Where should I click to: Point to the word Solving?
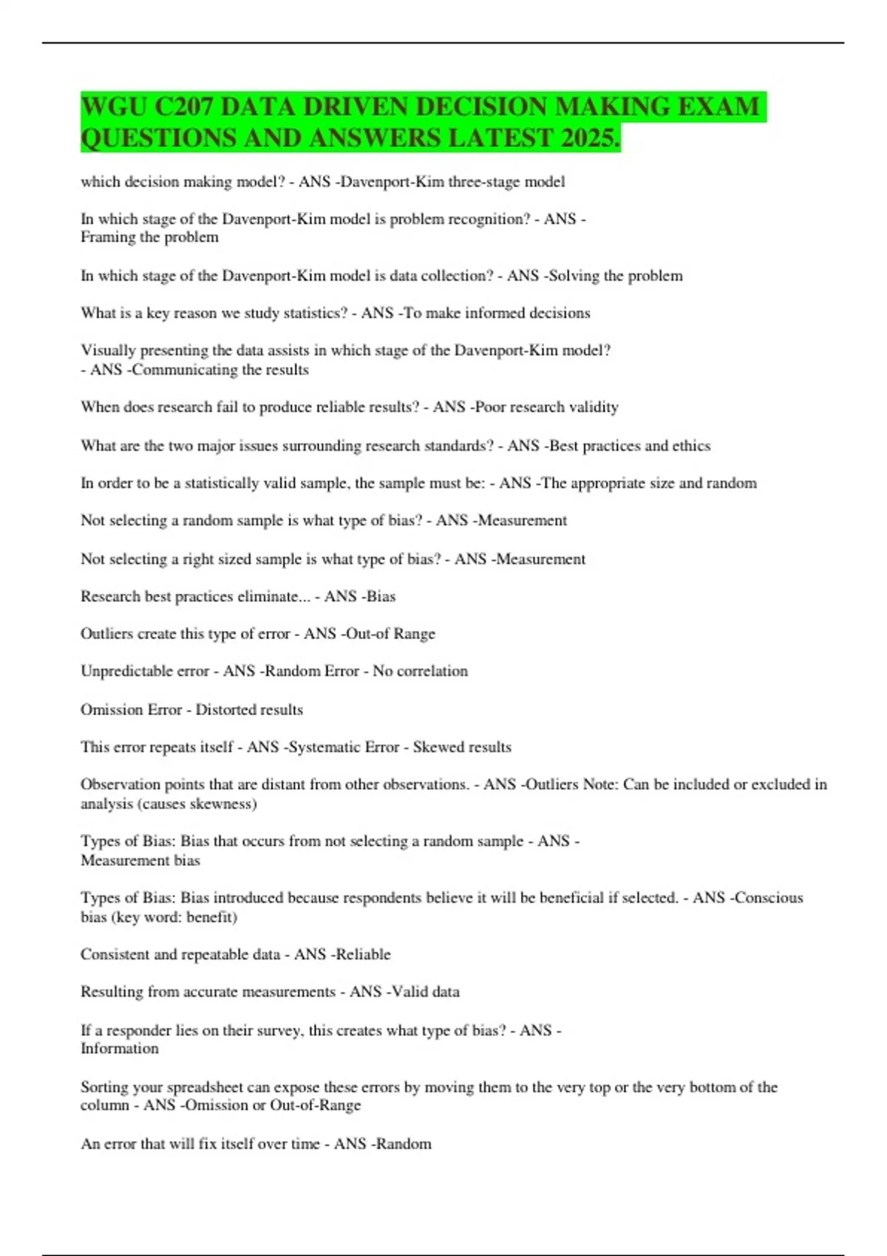point(574,276)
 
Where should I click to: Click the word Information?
point(120,1048)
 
